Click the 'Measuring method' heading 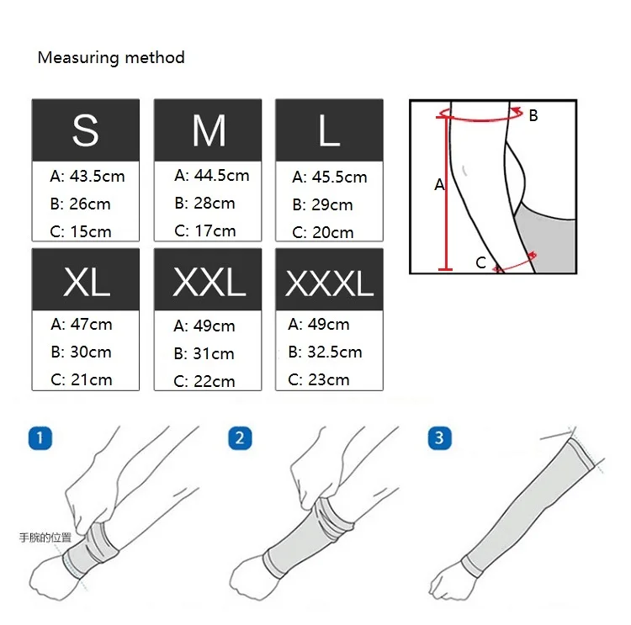(111, 58)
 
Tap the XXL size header (208, 283)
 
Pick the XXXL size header (329, 284)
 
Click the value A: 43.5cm (87, 176)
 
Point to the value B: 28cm (205, 203)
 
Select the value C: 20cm (323, 232)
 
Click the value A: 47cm (82, 324)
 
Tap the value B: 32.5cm (325, 352)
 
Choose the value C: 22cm (204, 381)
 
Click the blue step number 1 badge (40, 437)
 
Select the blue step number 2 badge (240, 437)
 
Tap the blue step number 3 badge (439, 437)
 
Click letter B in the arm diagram (533, 116)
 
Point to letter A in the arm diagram (438, 184)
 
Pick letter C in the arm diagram (480, 262)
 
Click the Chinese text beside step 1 (45, 536)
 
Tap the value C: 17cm (205, 230)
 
